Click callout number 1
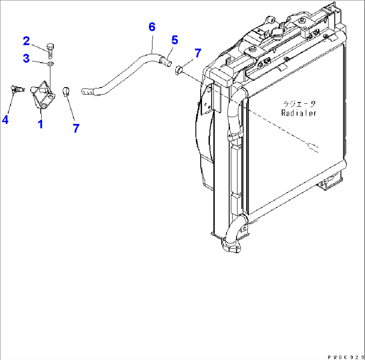coord(40,124)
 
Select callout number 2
coord(26,41)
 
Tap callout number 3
coord(26,58)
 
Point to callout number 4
coord(5,119)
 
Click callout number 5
coord(174,40)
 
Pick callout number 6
coord(152,27)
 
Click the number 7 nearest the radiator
coord(198,53)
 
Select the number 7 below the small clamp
coord(76,128)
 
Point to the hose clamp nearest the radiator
coord(179,70)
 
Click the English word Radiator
coord(299,113)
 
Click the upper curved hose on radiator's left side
coord(235,114)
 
